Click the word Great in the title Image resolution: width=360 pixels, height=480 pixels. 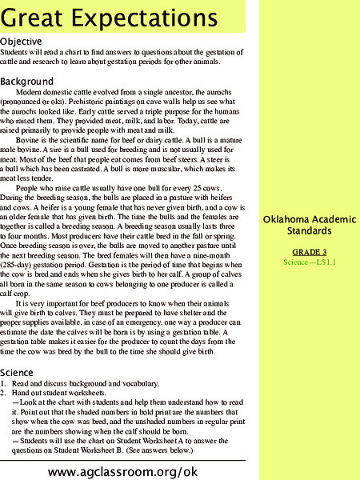click(36, 17)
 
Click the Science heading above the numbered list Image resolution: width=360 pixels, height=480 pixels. click(17, 373)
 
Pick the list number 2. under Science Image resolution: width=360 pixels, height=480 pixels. click(4, 394)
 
